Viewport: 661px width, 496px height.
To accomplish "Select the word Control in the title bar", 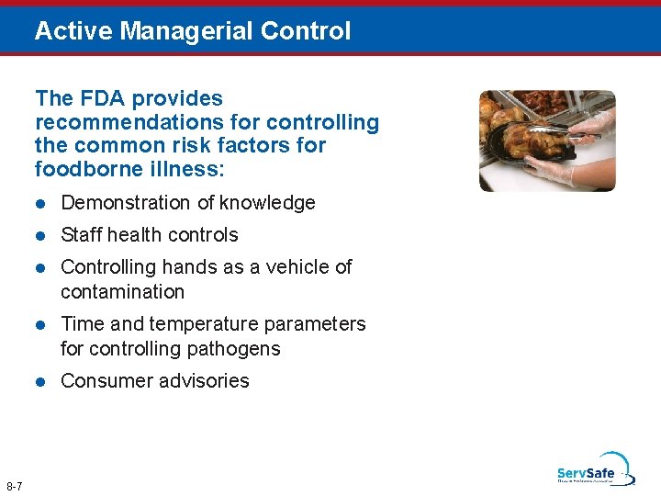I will click(305, 31).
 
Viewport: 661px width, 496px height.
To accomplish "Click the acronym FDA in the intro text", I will click(103, 98).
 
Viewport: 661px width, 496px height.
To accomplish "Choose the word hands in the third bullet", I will click(204, 267).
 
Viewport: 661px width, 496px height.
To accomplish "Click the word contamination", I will click(122, 292).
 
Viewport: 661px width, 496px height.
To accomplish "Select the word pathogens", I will click(237, 349).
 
